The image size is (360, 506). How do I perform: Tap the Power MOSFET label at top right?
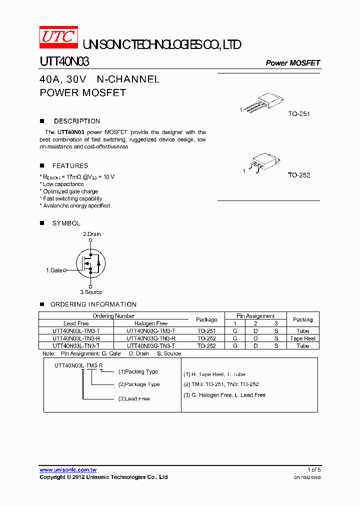[292, 63]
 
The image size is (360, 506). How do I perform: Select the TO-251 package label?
[299, 114]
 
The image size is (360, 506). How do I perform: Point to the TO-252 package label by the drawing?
[299, 175]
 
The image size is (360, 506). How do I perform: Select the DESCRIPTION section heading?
[77, 121]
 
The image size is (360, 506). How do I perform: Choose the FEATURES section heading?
[70, 165]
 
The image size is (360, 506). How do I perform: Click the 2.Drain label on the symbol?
[91, 234]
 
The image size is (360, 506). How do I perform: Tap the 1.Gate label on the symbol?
[54, 270]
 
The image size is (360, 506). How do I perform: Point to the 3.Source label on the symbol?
[91, 292]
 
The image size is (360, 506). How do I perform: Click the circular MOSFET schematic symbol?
[90, 263]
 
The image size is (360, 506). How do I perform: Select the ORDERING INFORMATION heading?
[93, 304]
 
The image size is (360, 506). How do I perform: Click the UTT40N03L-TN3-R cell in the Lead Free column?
[76, 338]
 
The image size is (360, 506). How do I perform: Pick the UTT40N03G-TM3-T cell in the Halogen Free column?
[151, 331]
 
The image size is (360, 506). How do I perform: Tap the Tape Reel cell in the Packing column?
[302, 338]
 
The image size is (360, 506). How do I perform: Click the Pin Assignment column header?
[255, 316]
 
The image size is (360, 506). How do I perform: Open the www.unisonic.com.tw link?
[68, 470]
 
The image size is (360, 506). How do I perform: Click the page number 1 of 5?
[313, 470]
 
